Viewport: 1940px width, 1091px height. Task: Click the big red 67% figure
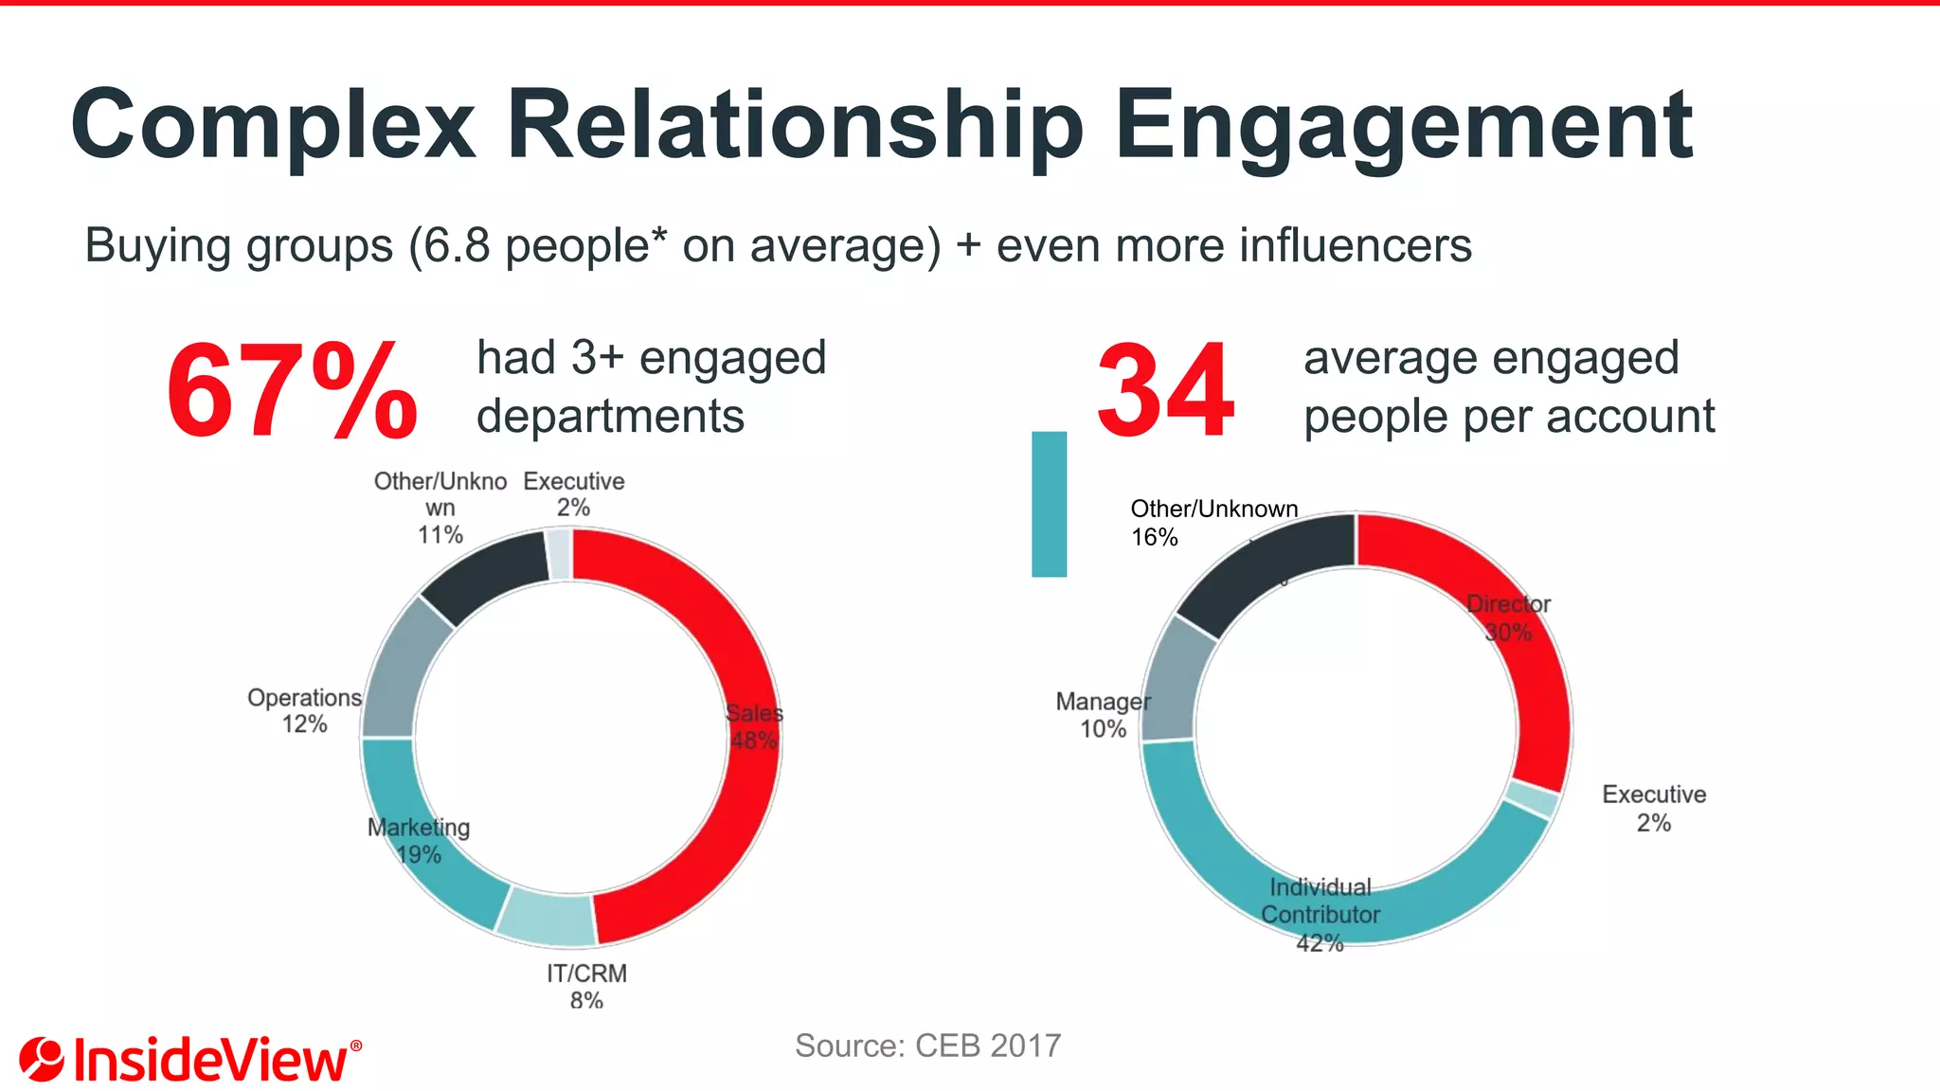[x=291, y=391]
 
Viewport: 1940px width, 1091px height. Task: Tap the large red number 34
[x=1165, y=391]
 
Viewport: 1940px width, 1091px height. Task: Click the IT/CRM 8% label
[x=586, y=986]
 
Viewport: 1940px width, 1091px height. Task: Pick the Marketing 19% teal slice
[x=426, y=852]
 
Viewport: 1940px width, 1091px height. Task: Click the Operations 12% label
[x=304, y=710]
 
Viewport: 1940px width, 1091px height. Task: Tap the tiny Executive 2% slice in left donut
[x=559, y=554]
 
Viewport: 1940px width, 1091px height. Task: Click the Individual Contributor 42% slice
[x=1326, y=909]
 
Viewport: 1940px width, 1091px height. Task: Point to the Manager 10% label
[x=1103, y=715]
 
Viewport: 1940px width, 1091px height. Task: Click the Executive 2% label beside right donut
[x=1654, y=808]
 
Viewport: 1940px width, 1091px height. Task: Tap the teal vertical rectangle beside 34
[x=1049, y=504]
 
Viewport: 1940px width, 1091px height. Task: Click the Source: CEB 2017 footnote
[x=927, y=1046]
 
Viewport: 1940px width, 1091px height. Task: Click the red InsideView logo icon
[x=41, y=1059]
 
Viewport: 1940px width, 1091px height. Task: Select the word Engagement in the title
[x=1403, y=125]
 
